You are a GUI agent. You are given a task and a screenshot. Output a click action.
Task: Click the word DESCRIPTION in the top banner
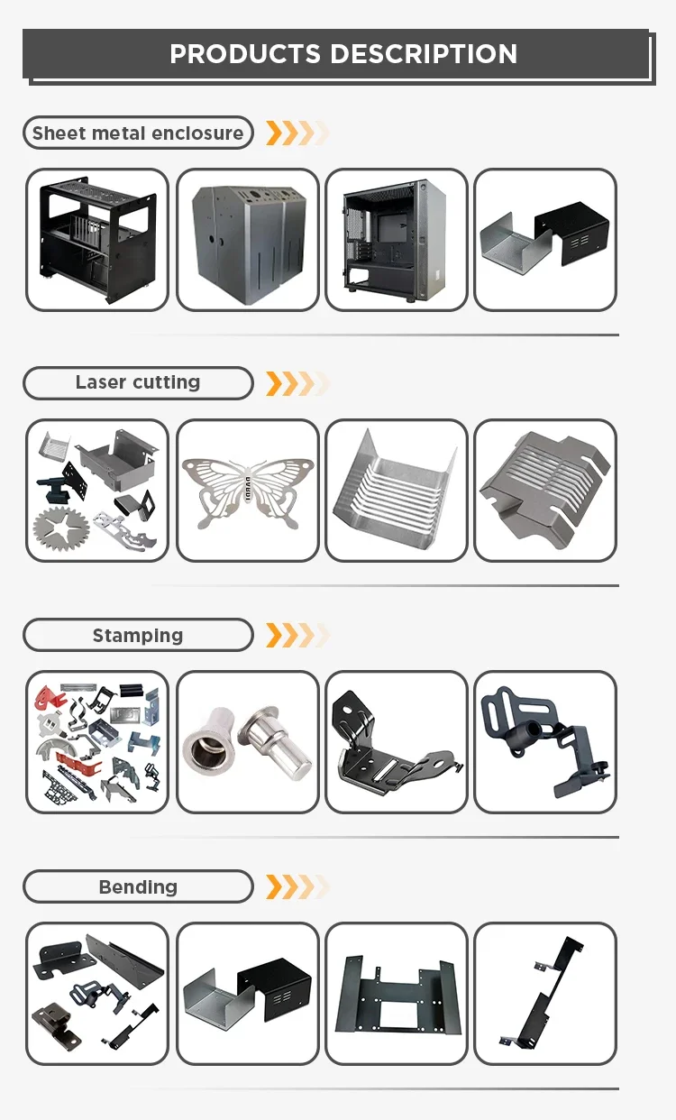pos(425,54)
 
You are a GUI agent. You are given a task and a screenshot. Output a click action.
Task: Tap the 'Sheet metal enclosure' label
pos(138,133)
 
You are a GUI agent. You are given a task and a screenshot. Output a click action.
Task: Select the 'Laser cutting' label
pos(138,382)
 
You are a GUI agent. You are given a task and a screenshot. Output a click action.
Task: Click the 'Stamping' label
pos(138,636)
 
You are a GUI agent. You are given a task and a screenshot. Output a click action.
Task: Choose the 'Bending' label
pos(138,887)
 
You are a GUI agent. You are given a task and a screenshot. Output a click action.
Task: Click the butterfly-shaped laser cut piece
pos(247,491)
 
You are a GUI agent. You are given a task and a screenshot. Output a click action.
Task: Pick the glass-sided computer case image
pos(396,240)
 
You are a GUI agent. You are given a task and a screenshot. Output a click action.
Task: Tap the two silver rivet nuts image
pos(247,742)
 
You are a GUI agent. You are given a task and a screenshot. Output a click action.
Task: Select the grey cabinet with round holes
pos(247,240)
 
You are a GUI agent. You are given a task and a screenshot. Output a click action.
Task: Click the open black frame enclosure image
pos(97,240)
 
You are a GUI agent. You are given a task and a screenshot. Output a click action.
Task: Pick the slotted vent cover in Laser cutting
pos(544,491)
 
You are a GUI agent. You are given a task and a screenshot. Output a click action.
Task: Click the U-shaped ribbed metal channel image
pos(396,491)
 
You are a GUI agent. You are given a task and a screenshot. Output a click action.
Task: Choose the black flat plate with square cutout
pos(396,994)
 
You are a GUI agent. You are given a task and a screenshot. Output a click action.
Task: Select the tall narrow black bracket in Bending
pos(544,994)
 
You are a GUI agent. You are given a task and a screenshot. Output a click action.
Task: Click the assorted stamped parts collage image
pos(97,742)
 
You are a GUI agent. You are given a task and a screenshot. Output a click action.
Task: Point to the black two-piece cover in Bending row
pos(247,994)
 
